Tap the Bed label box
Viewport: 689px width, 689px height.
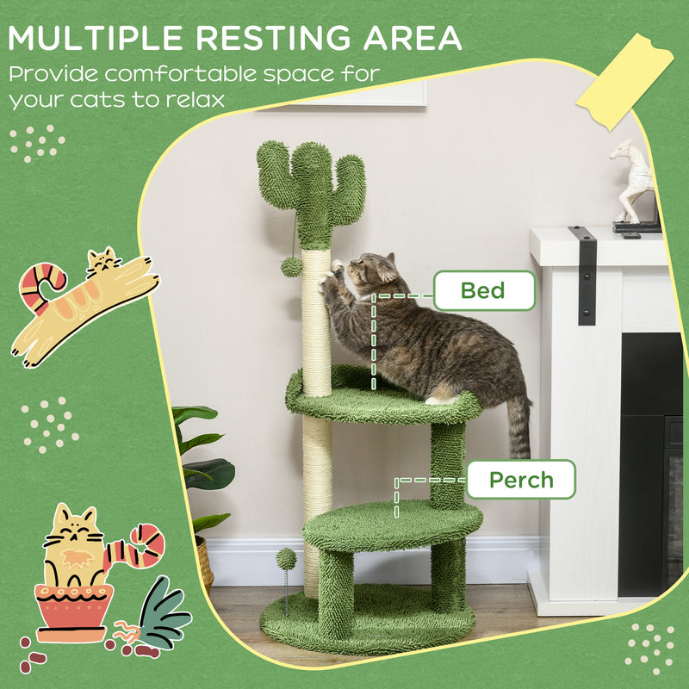[x=483, y=290]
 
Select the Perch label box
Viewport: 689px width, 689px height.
[x=519, y=480]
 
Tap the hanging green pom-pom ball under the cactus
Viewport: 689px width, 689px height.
[x=291, y=266]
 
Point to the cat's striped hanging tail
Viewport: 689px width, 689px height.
[x=518, y=426]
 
